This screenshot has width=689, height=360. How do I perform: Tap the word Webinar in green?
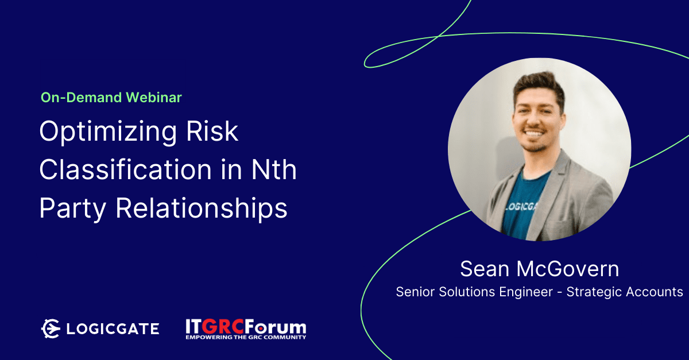point(154,98)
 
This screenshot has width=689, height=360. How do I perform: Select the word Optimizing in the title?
point(108,132)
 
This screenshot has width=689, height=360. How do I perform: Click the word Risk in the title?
point(212,131)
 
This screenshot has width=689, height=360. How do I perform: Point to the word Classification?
point(126,169)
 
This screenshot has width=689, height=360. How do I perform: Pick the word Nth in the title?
point(274,169)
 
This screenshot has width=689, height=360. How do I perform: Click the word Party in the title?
point(72,209)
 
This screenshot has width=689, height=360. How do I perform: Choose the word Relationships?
point(202,208)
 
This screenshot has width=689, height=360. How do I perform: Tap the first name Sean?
point(485,269)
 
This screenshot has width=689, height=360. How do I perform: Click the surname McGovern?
point(568,269)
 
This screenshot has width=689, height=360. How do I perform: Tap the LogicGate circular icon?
point(51,328)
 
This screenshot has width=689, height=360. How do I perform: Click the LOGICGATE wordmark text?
point(113,329)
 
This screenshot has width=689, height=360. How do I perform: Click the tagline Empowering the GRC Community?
point(246,337)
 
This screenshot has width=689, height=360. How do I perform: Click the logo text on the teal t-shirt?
point(521,207)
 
